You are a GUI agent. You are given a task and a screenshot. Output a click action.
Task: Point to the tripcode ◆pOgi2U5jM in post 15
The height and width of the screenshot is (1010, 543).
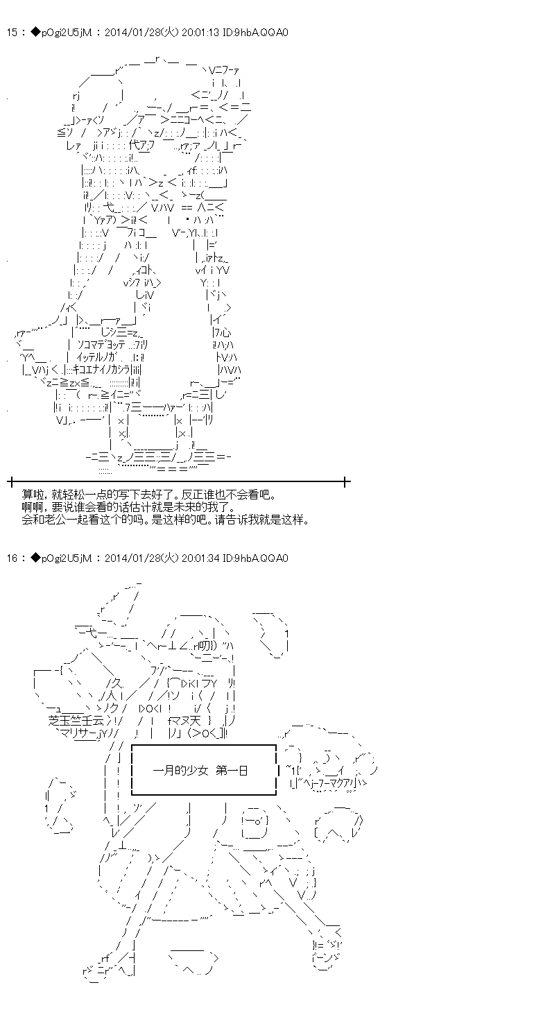pyautogui.click(x=58, y=33)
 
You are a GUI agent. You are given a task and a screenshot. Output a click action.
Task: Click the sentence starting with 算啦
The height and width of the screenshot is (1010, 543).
pyautogui.click(x=148, y=495)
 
